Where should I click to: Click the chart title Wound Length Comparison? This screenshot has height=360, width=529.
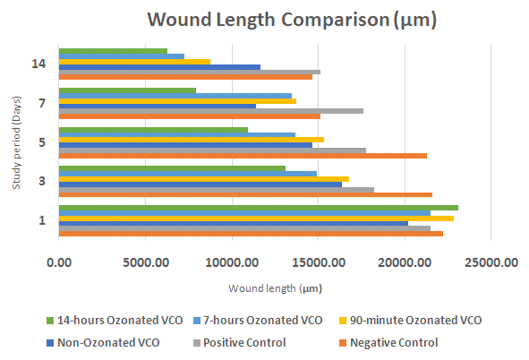coord(291,20)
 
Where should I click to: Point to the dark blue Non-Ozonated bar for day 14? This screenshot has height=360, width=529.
coord(159,67)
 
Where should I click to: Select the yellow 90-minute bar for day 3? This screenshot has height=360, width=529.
coord(204,179)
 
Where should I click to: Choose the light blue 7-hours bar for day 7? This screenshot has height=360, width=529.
coord(175,95)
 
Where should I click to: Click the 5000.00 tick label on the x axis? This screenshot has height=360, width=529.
coord(145,262)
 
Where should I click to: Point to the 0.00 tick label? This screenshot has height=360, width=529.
coord(59,262)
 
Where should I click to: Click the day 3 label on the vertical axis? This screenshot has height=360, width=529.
coord(42,182)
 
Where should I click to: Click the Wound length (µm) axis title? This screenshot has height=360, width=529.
coord(275,289)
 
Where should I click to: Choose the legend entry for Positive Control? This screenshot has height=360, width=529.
coord(244,343)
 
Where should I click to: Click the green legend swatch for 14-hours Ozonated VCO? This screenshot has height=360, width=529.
coord(50,320)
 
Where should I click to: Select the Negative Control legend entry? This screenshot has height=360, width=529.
coord(394,343)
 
